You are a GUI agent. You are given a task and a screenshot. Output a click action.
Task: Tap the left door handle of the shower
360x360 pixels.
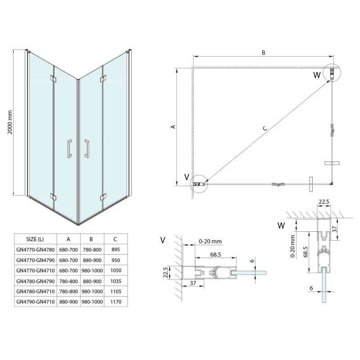coord(69,148)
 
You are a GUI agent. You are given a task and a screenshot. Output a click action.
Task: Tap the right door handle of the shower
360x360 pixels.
coord(86,148)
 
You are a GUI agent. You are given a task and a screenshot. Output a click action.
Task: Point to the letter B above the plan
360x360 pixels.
coord(263,53)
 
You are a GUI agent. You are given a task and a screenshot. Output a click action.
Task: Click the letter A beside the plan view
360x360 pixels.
coord(173,127)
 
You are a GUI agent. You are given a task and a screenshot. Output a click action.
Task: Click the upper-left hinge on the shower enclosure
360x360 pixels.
coord(54,80)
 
